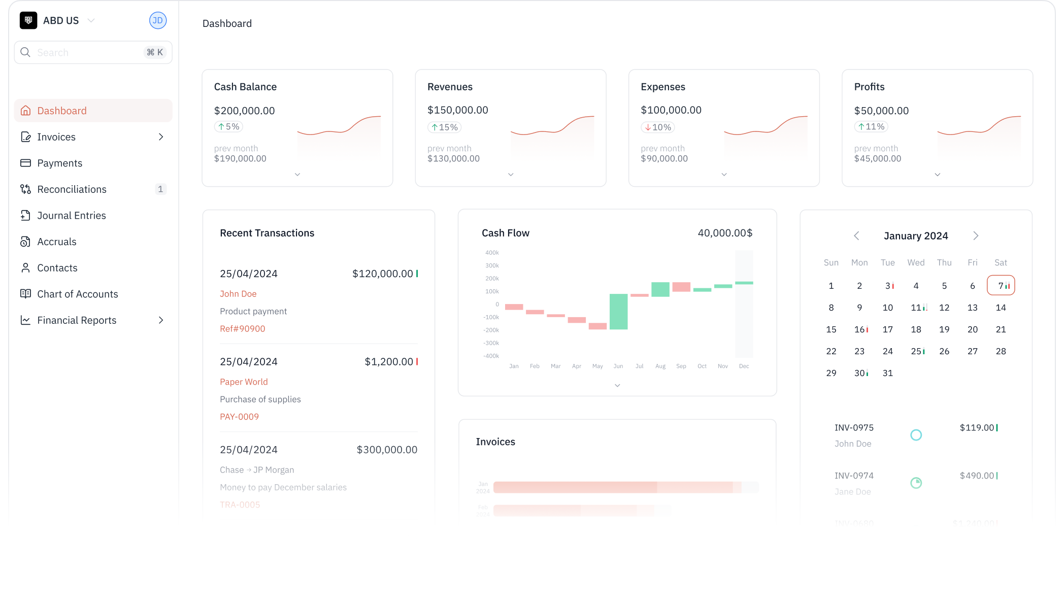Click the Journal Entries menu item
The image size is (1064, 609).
tap(71, 216)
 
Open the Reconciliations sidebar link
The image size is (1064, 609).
tap(72, 189)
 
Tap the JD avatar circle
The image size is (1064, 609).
tap(158, 20)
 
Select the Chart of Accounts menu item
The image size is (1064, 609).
tap(77, 294)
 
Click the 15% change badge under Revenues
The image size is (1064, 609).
tap(445, 127)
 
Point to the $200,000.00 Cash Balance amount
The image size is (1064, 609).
tap(244, 111)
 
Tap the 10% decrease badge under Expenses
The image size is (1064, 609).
tap(658, 127)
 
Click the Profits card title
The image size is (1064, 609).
tap(869, 87)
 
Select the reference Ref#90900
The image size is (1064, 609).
tap(242, 329)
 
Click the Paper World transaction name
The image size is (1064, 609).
tap(244, 382)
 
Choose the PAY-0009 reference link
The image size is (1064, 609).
tap(239, 417)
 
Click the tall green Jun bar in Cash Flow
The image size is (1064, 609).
tap(618, 312)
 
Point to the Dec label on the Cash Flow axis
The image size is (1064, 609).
tap(744, 366)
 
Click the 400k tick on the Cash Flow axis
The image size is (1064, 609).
tap(492, 253)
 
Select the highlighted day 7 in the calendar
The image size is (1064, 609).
tap(1001, 286)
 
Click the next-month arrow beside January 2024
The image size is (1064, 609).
tap(976, 236)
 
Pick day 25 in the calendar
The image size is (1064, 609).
tap(916, 351)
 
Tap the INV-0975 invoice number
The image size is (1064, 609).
tap(854, 428)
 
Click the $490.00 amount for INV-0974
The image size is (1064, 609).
tap(977, 476)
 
